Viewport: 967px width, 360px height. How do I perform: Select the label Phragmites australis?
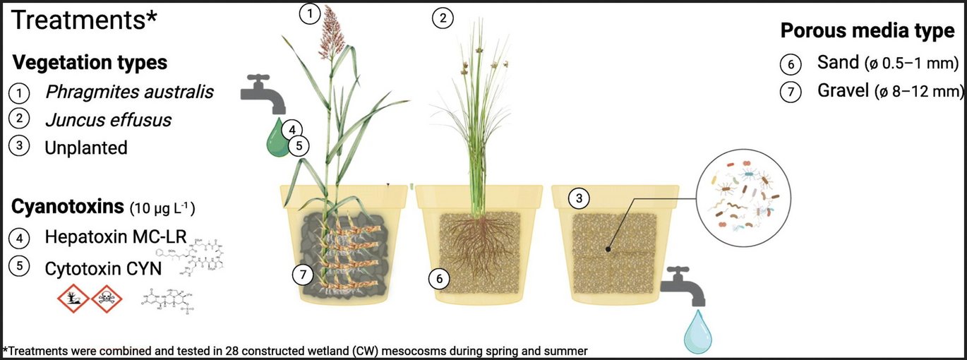click(x=128, y=92)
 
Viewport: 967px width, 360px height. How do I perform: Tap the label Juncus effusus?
click(x=107, y=120)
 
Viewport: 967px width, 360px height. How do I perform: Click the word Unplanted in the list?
click(x=85, y=148)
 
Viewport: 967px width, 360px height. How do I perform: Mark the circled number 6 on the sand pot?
click(x=439, y=280)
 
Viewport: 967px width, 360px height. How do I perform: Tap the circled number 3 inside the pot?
click(x=579, y=199)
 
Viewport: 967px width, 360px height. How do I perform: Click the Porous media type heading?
click(x=867, y=31)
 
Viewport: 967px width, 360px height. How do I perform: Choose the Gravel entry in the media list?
click(x=843, y=91)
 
